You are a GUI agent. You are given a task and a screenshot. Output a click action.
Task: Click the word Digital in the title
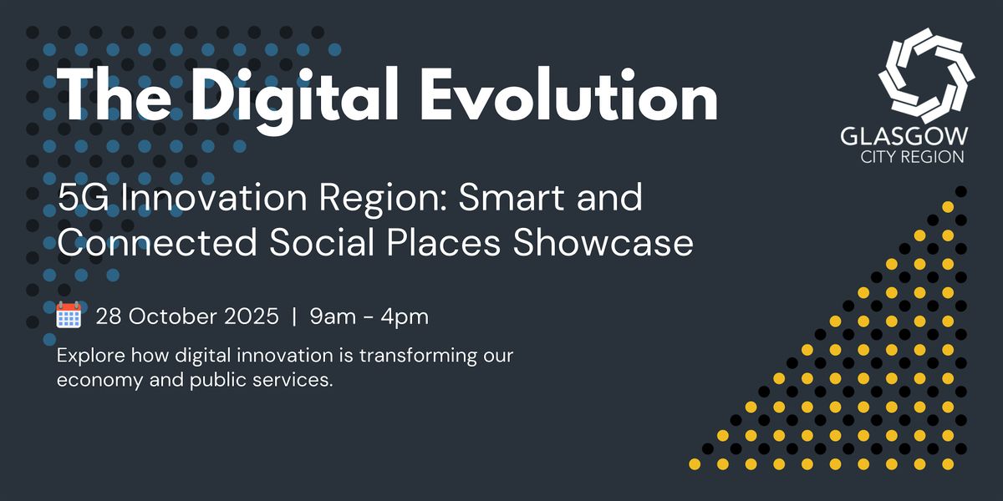point(296,99)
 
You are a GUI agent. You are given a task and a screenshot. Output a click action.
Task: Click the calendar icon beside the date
point(69,315)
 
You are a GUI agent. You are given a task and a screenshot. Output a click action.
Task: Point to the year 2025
point(252,316)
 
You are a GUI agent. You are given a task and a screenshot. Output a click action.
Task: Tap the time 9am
point(333,316)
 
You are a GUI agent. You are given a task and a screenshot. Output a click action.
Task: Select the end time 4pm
point(405,317)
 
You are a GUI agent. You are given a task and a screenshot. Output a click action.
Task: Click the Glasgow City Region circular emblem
point(926,75)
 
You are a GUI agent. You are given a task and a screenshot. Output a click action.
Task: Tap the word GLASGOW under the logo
point(904,136)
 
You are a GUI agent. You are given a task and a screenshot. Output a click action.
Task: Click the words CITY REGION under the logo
point(912,157)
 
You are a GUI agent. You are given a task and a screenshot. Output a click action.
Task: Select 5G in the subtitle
point(83,198)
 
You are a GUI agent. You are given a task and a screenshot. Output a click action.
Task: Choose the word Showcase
point(603,242)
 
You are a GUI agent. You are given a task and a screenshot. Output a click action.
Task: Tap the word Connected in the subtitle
point(157,242)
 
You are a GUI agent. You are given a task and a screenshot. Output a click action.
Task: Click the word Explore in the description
point(91,357)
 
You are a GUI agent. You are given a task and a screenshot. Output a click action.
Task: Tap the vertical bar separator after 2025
point(294,317)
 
